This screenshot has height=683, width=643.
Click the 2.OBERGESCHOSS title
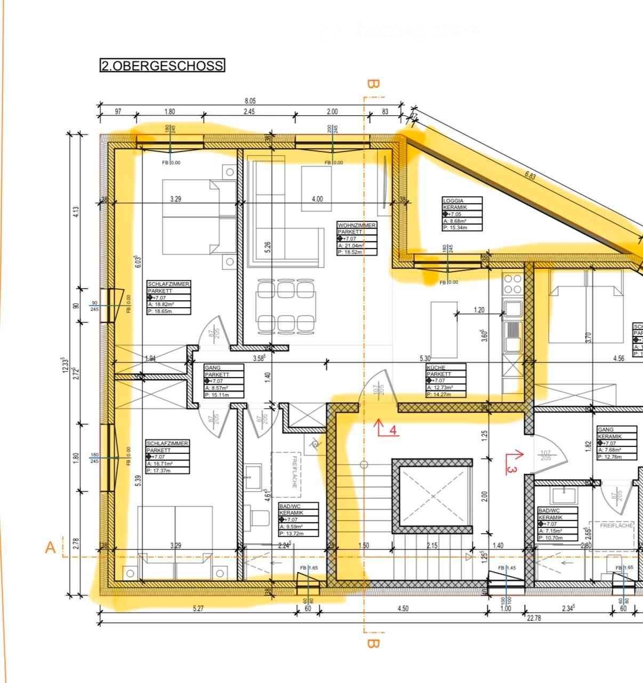(x=162, y=66)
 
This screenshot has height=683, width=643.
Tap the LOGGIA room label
(x=462, y=214)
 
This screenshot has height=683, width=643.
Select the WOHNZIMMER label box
(x=357, y=238)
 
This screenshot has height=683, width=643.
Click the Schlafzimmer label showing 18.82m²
(x=168, y=298)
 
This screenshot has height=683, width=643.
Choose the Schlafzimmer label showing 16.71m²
(x=167, y=457)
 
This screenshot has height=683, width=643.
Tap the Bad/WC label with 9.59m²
(x=299, y=519)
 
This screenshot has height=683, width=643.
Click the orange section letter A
(x=51, y=548)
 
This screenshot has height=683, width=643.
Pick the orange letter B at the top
(x=373, y=84)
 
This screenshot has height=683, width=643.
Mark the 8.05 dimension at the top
(x=250, y=101)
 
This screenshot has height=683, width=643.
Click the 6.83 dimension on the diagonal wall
(x=530, y=175)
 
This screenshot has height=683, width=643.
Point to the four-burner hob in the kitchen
(x=512, y=284)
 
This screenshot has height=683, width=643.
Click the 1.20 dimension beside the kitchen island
(x=478, y=310)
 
